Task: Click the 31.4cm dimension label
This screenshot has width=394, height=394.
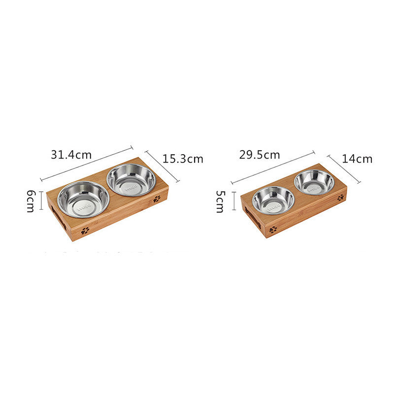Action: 71,154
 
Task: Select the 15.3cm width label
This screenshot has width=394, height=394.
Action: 183,159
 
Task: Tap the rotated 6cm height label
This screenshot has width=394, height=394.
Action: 31,201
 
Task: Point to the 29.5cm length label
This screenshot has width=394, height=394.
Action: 260,154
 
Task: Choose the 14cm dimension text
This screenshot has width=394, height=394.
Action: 358,159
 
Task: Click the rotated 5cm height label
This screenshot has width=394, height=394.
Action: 220,201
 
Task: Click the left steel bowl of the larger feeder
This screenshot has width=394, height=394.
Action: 83,199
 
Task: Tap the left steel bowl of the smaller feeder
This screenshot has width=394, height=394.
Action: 273,200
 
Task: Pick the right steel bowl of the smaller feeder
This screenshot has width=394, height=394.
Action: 314,182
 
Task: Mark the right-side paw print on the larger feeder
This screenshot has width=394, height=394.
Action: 157,199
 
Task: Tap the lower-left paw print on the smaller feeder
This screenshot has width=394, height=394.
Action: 273,230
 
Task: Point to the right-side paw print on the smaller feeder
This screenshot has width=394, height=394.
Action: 340,197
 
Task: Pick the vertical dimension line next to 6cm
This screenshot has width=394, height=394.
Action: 41,202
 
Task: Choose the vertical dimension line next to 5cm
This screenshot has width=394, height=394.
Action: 234,201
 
